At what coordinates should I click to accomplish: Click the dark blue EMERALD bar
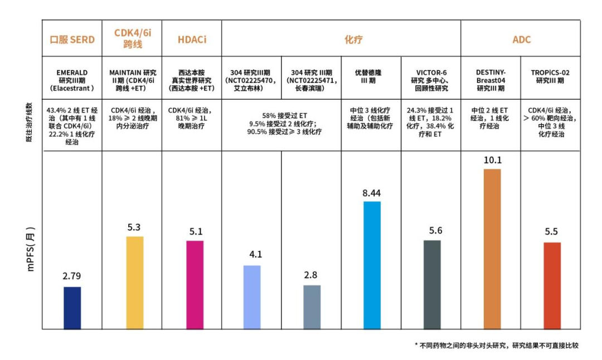(72, 308)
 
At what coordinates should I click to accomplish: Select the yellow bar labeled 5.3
(134, 283)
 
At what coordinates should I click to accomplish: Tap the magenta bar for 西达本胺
(195, 285)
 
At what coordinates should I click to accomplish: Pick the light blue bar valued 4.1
(252, 297)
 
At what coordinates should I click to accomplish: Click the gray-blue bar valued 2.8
(312, 307)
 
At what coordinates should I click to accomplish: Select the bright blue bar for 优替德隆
(372, 265)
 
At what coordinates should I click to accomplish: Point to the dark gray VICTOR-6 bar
(431, 284)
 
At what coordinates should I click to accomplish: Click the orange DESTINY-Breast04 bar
(492, 249)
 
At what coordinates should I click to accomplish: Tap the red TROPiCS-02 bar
(552, 285)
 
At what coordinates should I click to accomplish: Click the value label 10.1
(493, 160)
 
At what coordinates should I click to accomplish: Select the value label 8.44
(372, 193)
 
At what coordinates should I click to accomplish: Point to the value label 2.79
(72, 276)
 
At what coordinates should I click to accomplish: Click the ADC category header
(521, 40)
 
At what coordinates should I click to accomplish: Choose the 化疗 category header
(341, 40)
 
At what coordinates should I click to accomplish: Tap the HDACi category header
(191, 40)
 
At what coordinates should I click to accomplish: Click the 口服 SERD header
(72, 40)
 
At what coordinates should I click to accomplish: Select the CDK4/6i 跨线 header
(132, 38)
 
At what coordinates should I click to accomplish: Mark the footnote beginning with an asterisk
(497, 346)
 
